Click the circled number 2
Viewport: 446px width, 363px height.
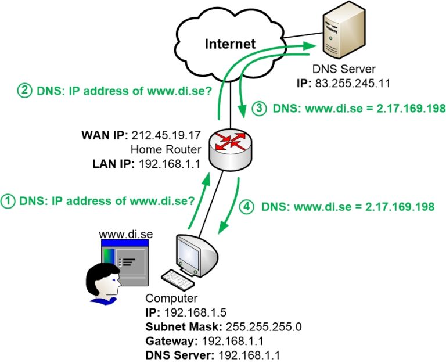26,91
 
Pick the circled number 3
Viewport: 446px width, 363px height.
259,109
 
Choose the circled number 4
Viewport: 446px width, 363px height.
246,206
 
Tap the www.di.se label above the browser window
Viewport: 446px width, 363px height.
125,234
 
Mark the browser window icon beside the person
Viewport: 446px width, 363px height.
125,261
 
